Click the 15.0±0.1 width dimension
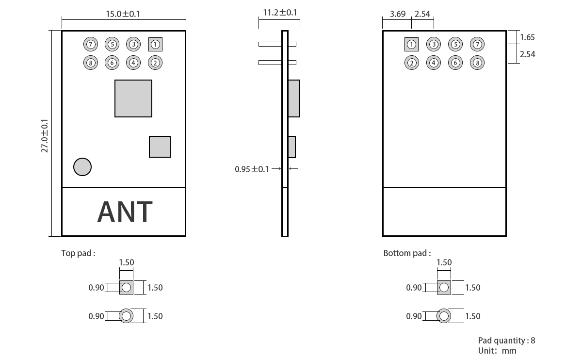pos(123,14)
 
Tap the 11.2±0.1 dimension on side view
pos(279,13)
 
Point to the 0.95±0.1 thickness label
pos(251,169)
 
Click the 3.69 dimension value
pos(397,14)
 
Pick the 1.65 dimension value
pos(527,37)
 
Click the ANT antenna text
pos(125,212)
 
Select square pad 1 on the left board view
pos(155,45)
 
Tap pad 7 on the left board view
pos(90,45)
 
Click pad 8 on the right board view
pos(477,63)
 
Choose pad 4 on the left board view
pos(133,63)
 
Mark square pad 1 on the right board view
pos(411,45)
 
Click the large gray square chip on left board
pos(133,98)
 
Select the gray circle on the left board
pos(82,167)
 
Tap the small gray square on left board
pos(160,147)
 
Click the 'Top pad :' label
pos(78,253)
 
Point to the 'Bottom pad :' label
pos(406,253)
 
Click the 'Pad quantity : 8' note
pos(506,341)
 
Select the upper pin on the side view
pos(277,44)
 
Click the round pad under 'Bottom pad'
pos(444,316)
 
